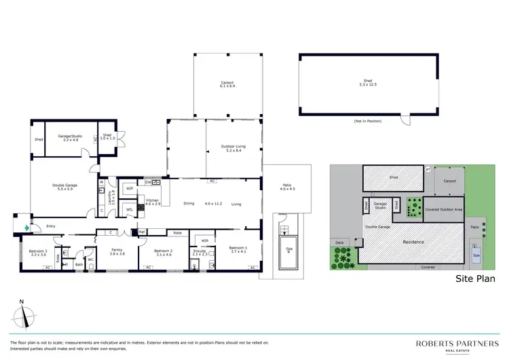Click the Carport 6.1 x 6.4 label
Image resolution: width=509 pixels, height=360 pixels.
click(x=227, y=85)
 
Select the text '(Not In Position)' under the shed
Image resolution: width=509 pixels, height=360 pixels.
click(x=367, y=121)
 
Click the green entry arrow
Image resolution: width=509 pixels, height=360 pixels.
click(x=26, y=228)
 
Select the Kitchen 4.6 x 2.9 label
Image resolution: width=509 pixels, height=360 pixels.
click(x=153, y=202)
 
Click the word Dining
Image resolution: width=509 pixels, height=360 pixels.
click(x=189, y=203)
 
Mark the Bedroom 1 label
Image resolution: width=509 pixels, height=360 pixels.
click(x=238, y=249)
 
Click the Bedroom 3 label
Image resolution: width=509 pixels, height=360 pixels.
click(x=37, y=253)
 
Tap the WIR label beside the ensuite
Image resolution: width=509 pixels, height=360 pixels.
click(x=204, y=240)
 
